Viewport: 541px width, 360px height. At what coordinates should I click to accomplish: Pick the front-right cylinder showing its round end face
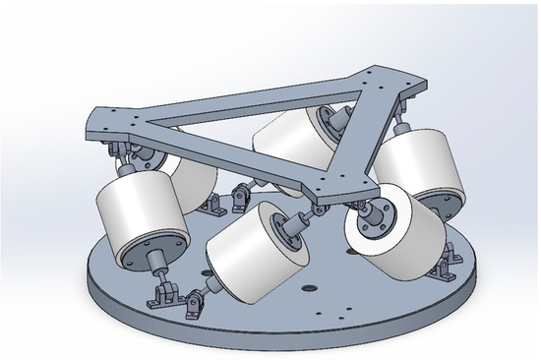398,236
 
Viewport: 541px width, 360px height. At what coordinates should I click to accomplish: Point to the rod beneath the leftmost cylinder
157,270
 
